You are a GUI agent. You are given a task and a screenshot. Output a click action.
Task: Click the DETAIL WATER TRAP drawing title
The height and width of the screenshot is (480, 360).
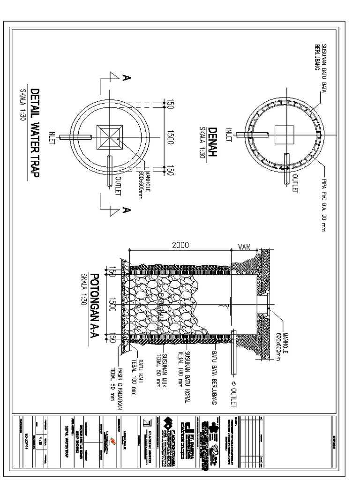[x=35, y=133]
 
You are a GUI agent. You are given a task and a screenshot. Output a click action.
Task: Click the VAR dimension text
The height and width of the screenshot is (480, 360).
[x=244, y=247]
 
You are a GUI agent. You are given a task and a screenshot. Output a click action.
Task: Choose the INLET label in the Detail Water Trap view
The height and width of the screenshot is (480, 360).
[x=52, y=137]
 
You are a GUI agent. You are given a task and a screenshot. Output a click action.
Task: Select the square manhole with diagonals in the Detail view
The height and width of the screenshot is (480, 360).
[x=110, y=137]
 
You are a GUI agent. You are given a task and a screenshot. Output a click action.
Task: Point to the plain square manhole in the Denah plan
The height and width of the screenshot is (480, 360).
[x=284, y=135]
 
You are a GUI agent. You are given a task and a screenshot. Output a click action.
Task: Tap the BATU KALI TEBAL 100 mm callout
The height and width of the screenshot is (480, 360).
[x=136, y=378]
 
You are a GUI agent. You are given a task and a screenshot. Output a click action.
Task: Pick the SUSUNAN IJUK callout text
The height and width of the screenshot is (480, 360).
[x=162, y=368]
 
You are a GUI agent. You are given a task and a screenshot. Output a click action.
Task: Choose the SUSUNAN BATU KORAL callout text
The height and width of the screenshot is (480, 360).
[x=184, y=375]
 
